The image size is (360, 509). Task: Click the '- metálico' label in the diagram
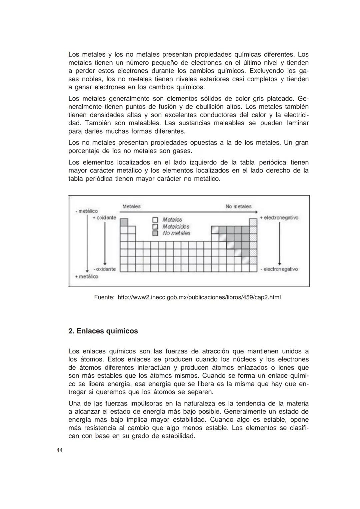pos(86,211)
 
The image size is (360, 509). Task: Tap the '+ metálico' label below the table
pos(86,276)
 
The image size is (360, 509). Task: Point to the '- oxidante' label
pos(104,269)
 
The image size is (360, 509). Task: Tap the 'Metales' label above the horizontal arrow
pos(131,206)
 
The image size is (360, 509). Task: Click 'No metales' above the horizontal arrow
pos(238,206)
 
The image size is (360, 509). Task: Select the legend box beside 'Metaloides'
pos(155,227)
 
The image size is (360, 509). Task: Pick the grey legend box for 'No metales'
pos(155,233)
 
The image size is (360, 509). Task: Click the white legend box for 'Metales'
pos(155,220)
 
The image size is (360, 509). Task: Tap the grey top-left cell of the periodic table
pos(124,222)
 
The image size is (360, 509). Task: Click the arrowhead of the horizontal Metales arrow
pos(256,212)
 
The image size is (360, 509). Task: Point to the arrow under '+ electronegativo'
pos(280,243)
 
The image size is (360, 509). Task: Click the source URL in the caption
pos(199,297)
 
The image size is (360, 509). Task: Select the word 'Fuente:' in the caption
pos(104,297)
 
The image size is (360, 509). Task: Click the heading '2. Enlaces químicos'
pos(103,331)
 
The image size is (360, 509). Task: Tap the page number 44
pos(60,450)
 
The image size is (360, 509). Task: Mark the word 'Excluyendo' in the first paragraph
pos(267,71)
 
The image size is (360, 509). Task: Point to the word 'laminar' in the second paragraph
pos(298,123)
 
